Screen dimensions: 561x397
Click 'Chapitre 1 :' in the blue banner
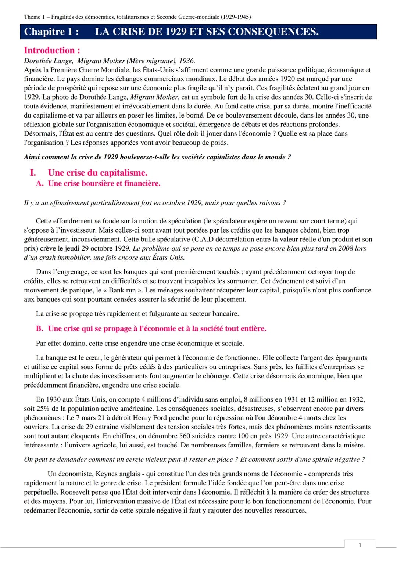51,32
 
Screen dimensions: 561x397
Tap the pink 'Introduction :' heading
52,50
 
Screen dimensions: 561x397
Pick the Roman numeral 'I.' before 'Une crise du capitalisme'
33,173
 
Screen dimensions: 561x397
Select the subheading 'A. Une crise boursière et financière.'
98,183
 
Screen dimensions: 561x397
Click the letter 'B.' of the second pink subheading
40,328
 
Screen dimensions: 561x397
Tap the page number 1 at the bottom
360,545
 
